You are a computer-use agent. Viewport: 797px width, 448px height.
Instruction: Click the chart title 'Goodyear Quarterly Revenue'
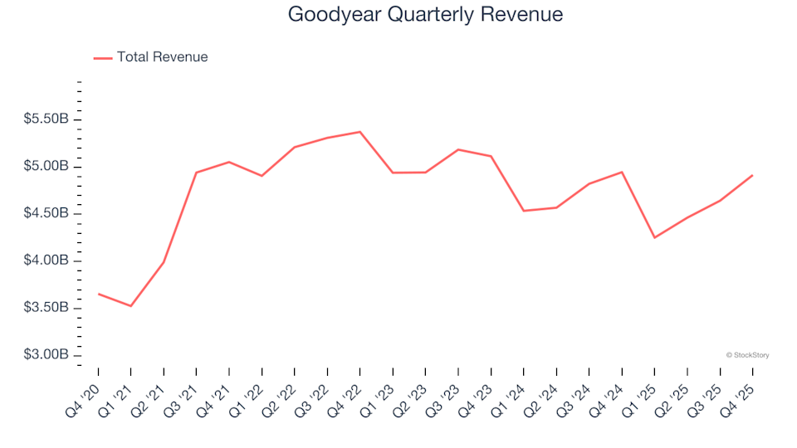point(425,14)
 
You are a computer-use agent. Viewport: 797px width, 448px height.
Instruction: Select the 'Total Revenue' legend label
point(162,57)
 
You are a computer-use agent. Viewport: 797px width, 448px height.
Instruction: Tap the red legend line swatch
point(103,58)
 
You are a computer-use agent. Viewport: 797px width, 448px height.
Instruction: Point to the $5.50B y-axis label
point(47,119)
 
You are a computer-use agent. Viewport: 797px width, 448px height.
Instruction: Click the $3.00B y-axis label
point(47,355)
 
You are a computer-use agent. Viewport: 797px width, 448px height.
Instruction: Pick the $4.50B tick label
point(47,214)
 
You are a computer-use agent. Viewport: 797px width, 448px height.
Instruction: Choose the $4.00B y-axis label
point(47,261)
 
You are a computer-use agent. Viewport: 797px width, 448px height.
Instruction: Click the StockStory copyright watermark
point(747,355)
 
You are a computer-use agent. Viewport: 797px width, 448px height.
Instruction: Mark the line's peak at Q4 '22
point(359,132)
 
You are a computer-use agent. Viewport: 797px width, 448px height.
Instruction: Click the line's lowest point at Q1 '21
point(130,306)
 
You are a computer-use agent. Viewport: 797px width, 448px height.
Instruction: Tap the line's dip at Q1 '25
point(654,238)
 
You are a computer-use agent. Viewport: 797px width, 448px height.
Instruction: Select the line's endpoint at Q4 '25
point(752,175)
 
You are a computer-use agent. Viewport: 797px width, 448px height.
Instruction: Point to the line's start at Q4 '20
point(98,294)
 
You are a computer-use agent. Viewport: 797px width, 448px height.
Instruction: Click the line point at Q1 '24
point(523,211)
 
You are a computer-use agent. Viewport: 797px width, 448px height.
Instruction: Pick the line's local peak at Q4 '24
point(622,172)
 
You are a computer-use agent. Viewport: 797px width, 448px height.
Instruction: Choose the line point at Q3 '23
point(457,149)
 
